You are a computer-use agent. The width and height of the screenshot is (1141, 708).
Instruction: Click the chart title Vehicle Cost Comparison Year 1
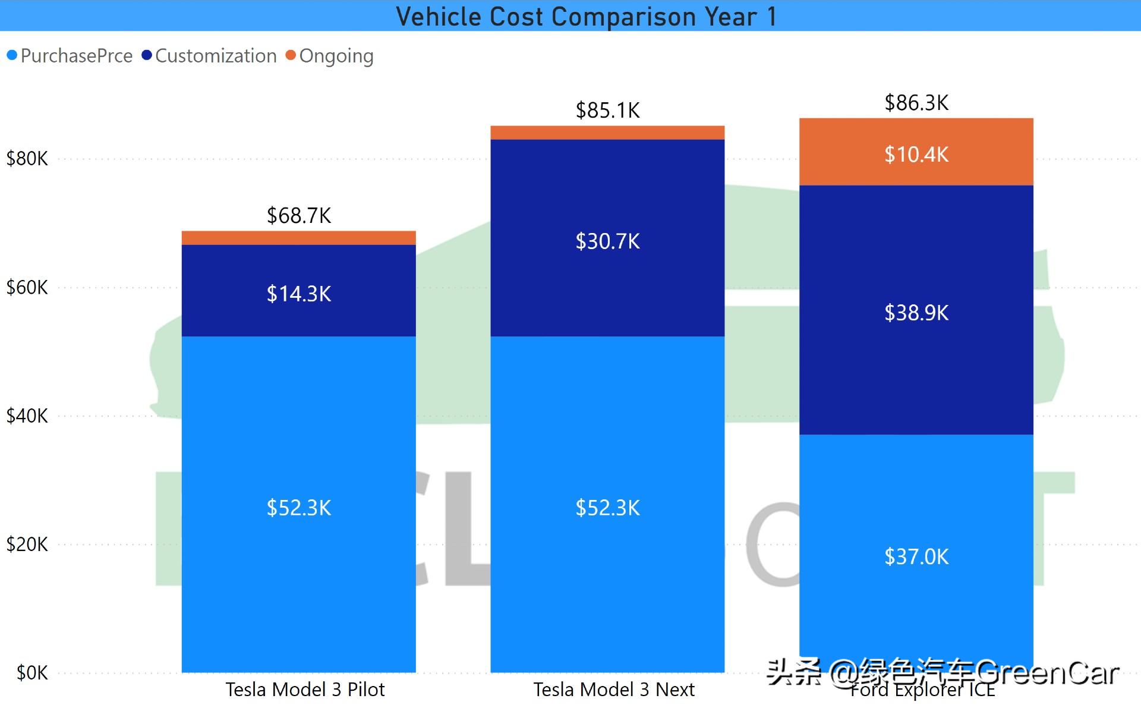[x=586, y=16]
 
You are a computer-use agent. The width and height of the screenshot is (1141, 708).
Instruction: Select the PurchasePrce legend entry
[x=70, y=56]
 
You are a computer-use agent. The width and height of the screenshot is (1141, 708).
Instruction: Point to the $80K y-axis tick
[x=27, y=159]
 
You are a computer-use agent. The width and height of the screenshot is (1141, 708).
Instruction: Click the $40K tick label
[x=27, y=416]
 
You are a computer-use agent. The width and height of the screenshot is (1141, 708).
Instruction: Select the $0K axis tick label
[x=32, y=673]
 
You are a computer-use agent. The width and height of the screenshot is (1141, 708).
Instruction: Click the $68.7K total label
[x=298, y=215]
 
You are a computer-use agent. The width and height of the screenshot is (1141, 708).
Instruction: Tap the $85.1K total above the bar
[x=607, y=110]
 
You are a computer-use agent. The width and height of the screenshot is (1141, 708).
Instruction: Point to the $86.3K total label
[x=916, y=102]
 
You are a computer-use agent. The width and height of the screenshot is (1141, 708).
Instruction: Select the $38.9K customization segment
[x=916, y=312]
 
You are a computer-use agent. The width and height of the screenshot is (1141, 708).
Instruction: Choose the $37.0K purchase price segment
[x=916, y=556]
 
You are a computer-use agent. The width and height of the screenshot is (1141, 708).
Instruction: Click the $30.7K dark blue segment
[x=607, y=241]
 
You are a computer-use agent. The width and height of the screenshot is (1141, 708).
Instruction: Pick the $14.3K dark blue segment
[x=298, y=293]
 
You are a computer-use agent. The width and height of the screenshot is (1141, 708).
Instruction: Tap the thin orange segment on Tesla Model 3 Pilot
[x=298, y=238]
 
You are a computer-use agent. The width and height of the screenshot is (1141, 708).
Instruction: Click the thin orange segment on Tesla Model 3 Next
[x=607, y=133]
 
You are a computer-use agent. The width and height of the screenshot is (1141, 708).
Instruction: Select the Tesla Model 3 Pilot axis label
[x=305, y=690]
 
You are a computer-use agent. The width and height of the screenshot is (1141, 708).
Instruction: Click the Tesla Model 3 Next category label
[x=613, y=690]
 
